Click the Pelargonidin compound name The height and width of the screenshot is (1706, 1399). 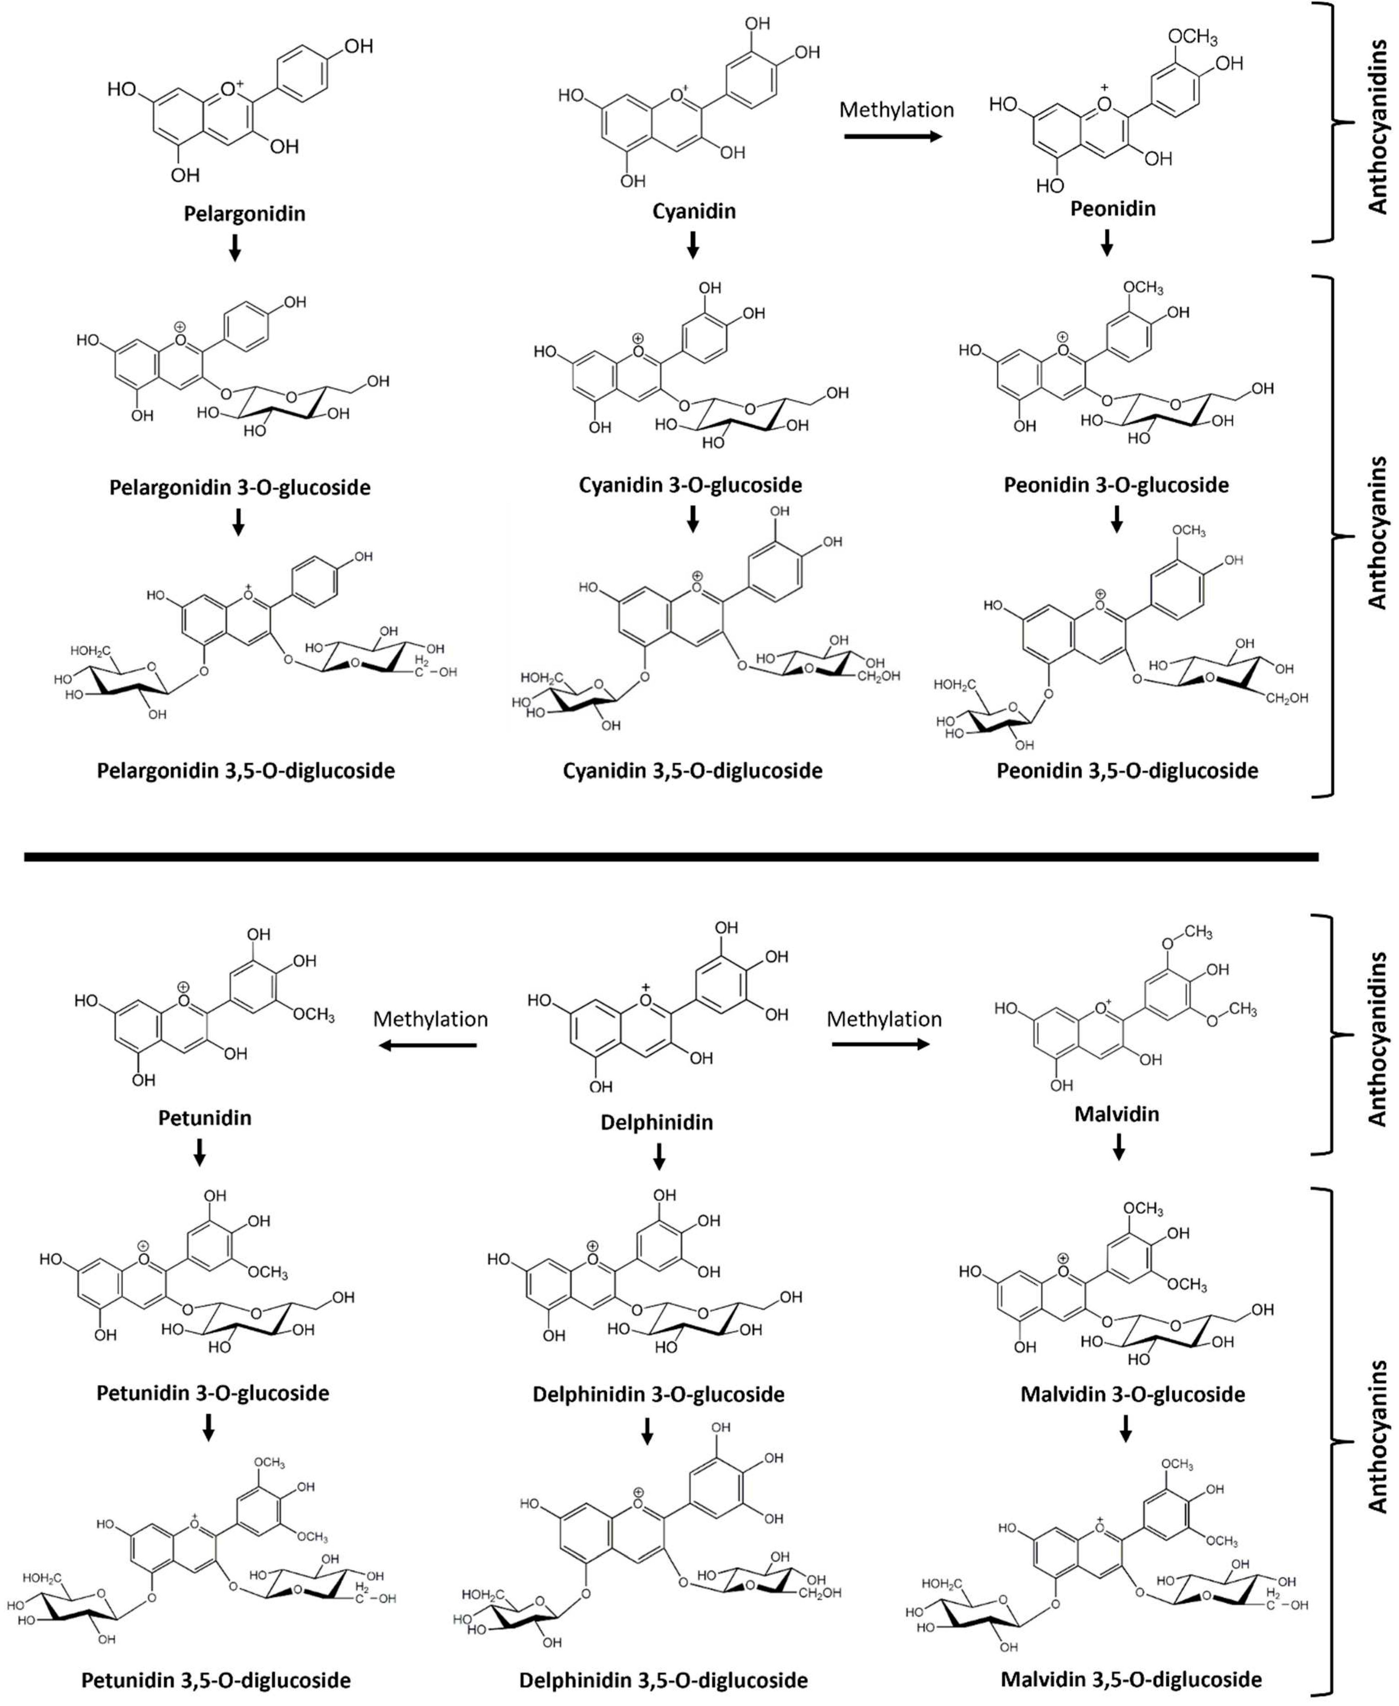tap(244, 214)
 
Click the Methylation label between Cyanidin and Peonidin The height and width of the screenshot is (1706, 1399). tap(896, 110)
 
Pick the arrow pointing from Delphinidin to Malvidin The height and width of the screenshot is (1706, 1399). tap(880, 1044)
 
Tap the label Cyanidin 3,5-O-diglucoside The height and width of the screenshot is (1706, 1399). tap(692, 771)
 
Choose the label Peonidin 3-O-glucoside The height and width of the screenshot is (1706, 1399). tap(1116, 485)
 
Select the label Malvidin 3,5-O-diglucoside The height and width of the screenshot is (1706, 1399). tap(1131, 1679)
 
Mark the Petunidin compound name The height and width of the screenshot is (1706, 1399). tap(205, 1118)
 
